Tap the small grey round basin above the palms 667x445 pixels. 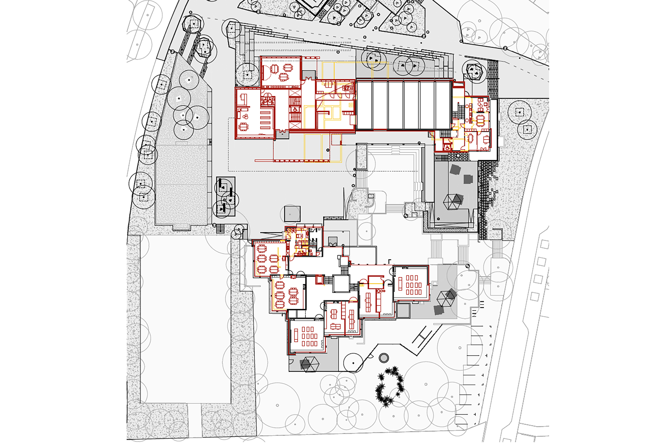point(384,358)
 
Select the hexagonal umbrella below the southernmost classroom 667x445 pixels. point(309,364)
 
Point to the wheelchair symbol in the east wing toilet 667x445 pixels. point(447,148)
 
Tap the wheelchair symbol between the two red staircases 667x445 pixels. point(295,109)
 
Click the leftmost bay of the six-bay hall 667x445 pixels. point(364,105)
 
